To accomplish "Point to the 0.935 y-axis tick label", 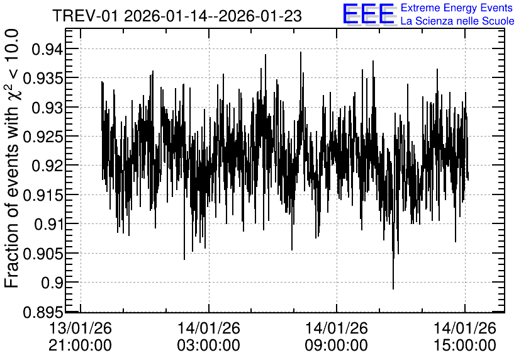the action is [43, 79].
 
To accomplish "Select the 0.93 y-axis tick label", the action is [47, 108].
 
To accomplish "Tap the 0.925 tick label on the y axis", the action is [43, 137].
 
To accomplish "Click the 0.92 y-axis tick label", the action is [47, 166].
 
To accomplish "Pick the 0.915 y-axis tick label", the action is [43, 195].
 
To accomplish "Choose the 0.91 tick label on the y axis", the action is [48, 224].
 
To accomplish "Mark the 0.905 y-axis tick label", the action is [43, 254].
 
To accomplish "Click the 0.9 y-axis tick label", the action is [52, 283].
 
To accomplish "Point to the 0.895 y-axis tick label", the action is [43, 312].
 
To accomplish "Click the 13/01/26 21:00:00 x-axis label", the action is [80, 336].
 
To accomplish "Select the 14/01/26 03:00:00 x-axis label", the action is [209, 336].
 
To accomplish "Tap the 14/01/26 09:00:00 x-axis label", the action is [336, 336].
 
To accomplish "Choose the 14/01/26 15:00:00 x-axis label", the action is [464, 336].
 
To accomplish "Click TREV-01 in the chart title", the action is [86, 16].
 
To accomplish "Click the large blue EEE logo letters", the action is [369, 14].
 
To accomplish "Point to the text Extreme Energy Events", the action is [457, 8].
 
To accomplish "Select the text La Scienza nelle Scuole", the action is [457, 21].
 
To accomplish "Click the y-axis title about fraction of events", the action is [13, 159].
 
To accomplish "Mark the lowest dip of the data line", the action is [393, 288].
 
